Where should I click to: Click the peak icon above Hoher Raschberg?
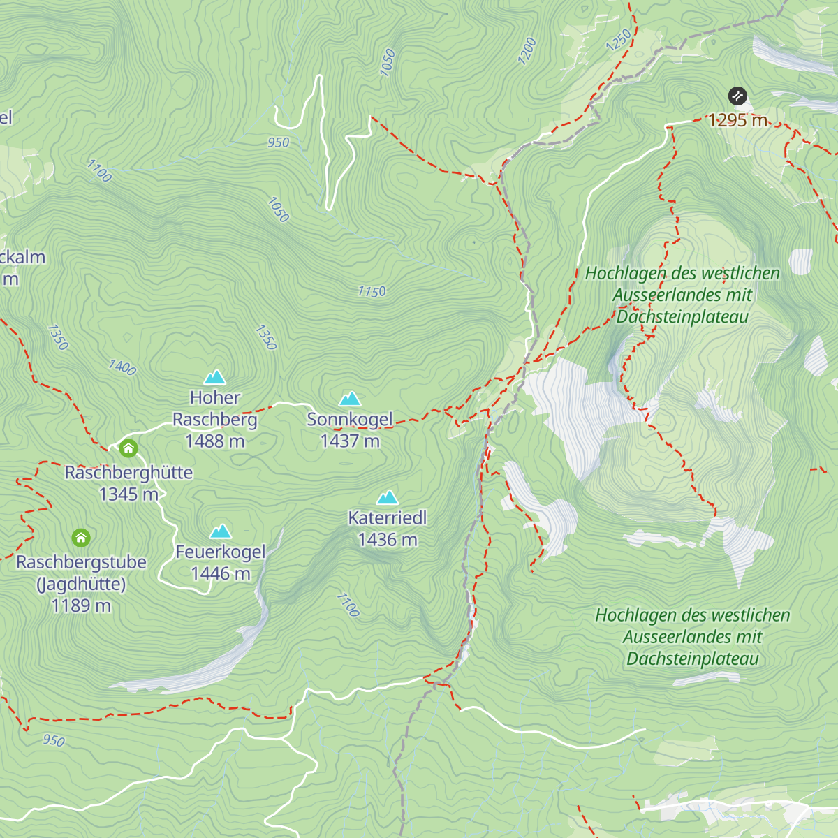pyautogui.click(x=215, y=378)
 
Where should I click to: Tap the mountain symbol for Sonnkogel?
pyautogui.click(x=350, y=399)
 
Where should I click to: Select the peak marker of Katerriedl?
pyautogui.click(x=388, y=497)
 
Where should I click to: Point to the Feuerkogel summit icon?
pyautogui.click(x=221, y=531)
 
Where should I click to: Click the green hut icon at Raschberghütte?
pyautogui.click(x=128, y=448)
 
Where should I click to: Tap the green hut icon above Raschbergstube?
pyautogui.click(x=82, y=538)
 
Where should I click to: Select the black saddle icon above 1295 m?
pyautogui.click(x=737, y=96)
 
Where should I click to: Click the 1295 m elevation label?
pyautogui.click(x=738, y=120)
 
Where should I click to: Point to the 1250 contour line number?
pyautogui.click(x=619, y=40)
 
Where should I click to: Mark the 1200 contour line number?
pyautogui.click(x=527, y=51)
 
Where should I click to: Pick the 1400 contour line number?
pyautogui.click(x=122, y=367)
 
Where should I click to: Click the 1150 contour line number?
pyautogui.click(x=372, y=291)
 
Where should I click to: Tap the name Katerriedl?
pyautogui.click(x=388, y=518)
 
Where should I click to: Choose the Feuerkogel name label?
pyautogui.click(x=221, y=552)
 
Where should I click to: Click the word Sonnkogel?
pyautogui.click(x=350, y=420)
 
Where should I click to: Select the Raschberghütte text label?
pyautogui.click(x=128, y=473)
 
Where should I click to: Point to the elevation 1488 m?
pyautogui.click(x=215, y=441)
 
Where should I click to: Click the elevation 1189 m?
pyautogui.click(x=81, y=605)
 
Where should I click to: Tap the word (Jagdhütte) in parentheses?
pyautogui.click(x=81, y=584)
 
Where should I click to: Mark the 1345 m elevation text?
pyautogui.click(x=128, y=494)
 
